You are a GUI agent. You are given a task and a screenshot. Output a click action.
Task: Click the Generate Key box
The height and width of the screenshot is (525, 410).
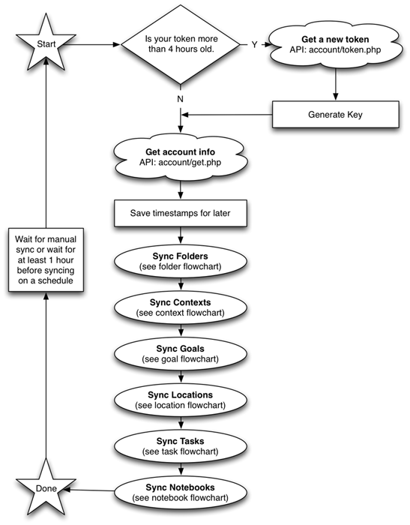pyautogui.click(x=335, y=115)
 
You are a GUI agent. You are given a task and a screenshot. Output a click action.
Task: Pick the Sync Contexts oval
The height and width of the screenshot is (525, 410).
pyautogui.click(x=181, y=305)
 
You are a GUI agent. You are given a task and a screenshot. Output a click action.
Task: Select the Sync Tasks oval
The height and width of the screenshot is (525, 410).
pyautogui.click(x=181, y=444)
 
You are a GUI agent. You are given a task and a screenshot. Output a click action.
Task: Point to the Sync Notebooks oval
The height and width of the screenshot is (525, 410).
pyautogui.click(x=181, y=490)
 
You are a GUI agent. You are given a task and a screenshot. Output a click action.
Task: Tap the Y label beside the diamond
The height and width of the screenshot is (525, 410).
pyautogui.click(x=254, y=45)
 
